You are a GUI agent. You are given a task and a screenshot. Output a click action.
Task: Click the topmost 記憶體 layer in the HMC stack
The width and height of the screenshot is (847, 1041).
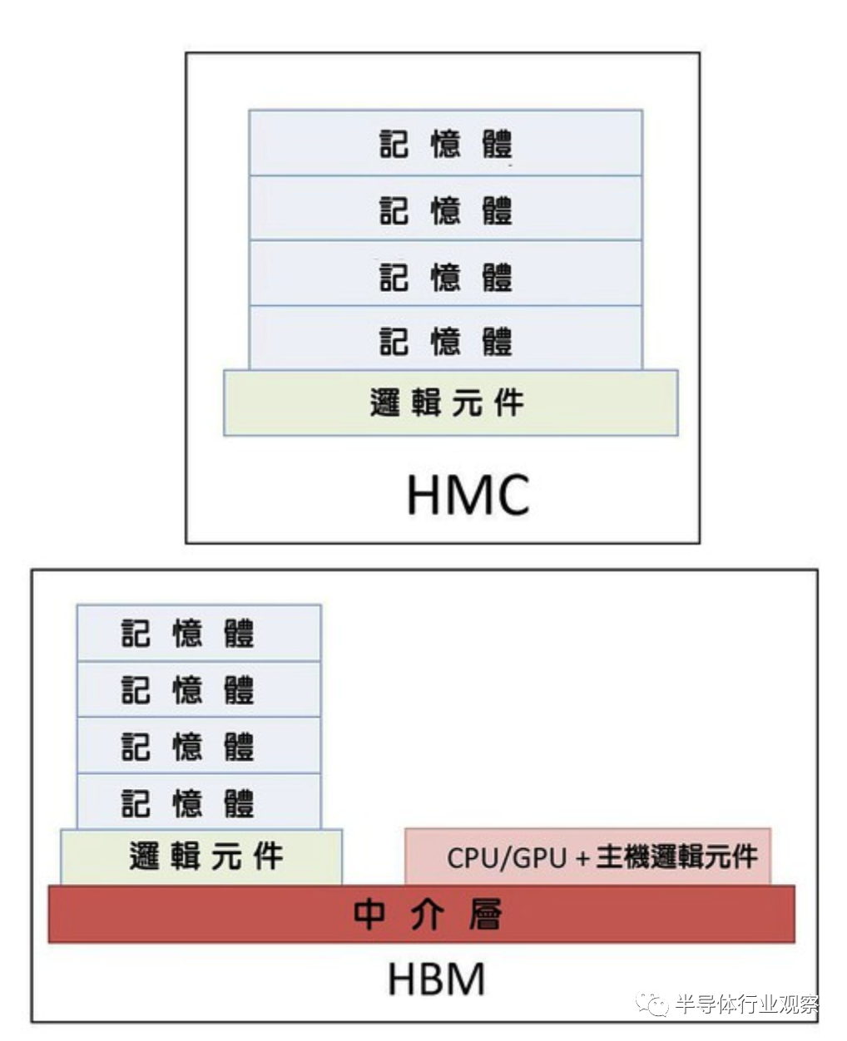click(x=445, y=143)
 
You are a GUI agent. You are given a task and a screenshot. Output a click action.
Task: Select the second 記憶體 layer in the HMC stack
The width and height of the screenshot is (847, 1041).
click(x=445, y=208)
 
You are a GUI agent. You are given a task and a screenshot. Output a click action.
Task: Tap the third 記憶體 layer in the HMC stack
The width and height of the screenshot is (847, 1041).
click(x=445, y=274)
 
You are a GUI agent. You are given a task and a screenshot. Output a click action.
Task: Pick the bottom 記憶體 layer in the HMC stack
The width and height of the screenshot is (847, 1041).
click(x=445, y=338)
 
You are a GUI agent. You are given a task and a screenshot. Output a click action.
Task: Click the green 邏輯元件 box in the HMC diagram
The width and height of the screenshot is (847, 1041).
click(x=451, y=402)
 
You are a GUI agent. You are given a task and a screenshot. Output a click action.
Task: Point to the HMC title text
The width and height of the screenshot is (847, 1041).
click(x=468, y=495)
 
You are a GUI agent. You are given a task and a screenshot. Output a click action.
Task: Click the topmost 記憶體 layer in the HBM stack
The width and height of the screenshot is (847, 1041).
click(x=199, y=634)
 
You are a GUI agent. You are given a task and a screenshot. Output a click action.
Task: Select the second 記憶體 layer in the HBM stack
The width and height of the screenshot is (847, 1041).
click(x=199, y=689)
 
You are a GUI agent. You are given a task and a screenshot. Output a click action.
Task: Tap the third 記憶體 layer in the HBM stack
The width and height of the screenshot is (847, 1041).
click(x=199, y=745)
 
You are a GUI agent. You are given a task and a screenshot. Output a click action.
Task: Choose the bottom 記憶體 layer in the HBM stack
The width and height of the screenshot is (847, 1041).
click(x=199, y=802)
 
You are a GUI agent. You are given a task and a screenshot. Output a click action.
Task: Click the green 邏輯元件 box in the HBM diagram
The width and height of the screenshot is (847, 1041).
click(x=201, y=857)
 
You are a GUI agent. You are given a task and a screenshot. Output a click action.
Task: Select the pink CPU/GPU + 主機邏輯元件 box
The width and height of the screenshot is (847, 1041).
click(x=587, y=856)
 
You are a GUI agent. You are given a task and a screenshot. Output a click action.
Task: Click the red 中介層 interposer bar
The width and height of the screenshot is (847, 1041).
click(x=422, y=914)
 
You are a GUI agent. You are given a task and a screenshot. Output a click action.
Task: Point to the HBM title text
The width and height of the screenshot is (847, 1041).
click(x=437, y=978)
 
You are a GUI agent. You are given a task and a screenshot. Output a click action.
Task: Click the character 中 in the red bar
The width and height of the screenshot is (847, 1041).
click(x=369, y=914)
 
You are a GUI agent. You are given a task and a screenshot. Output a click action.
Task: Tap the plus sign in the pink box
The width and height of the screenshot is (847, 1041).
click(x=582, y=859)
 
